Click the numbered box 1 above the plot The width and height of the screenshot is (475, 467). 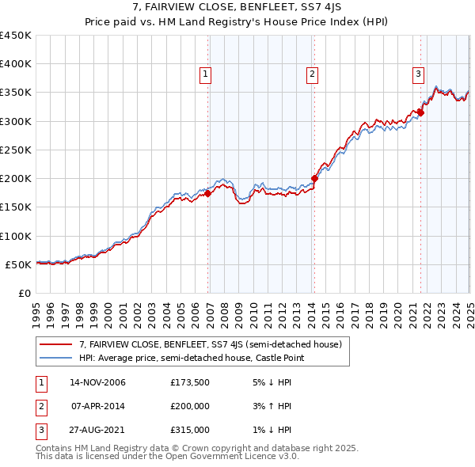[205, 74]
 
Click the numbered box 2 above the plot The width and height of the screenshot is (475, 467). [312, 74]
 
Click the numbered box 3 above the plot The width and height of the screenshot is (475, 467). [417, 74]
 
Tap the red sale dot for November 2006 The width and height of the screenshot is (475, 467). [208, 193]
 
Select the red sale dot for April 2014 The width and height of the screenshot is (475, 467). [314, 178]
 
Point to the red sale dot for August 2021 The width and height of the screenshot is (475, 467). [421, 112]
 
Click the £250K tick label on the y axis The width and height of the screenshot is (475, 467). [16, 150]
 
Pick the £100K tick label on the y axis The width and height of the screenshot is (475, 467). [16, 236]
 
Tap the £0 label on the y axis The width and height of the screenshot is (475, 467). [25, 293]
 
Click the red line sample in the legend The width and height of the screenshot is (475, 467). [55, 344]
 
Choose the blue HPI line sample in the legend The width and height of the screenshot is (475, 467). [55, 359]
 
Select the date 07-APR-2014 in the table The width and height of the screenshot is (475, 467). [97, 406]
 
